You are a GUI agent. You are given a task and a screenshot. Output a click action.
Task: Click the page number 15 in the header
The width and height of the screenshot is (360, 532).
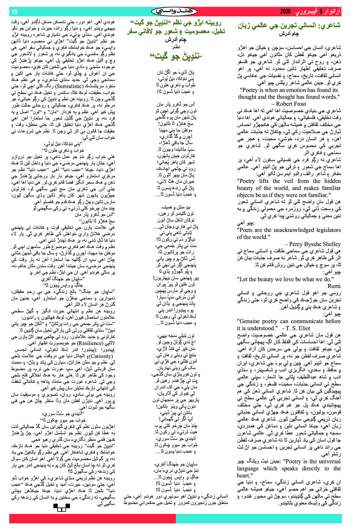14,12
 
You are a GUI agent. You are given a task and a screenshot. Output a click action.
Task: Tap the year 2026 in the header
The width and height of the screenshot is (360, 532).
286,12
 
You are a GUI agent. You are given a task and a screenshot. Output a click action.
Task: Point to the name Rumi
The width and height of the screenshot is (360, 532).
334,286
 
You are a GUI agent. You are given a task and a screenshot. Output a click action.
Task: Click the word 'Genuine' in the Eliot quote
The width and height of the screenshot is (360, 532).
250,321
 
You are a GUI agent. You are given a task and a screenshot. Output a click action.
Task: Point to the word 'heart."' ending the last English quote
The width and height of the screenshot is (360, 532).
244,476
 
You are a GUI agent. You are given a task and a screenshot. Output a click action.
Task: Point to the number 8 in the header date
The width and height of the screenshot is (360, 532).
321,12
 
